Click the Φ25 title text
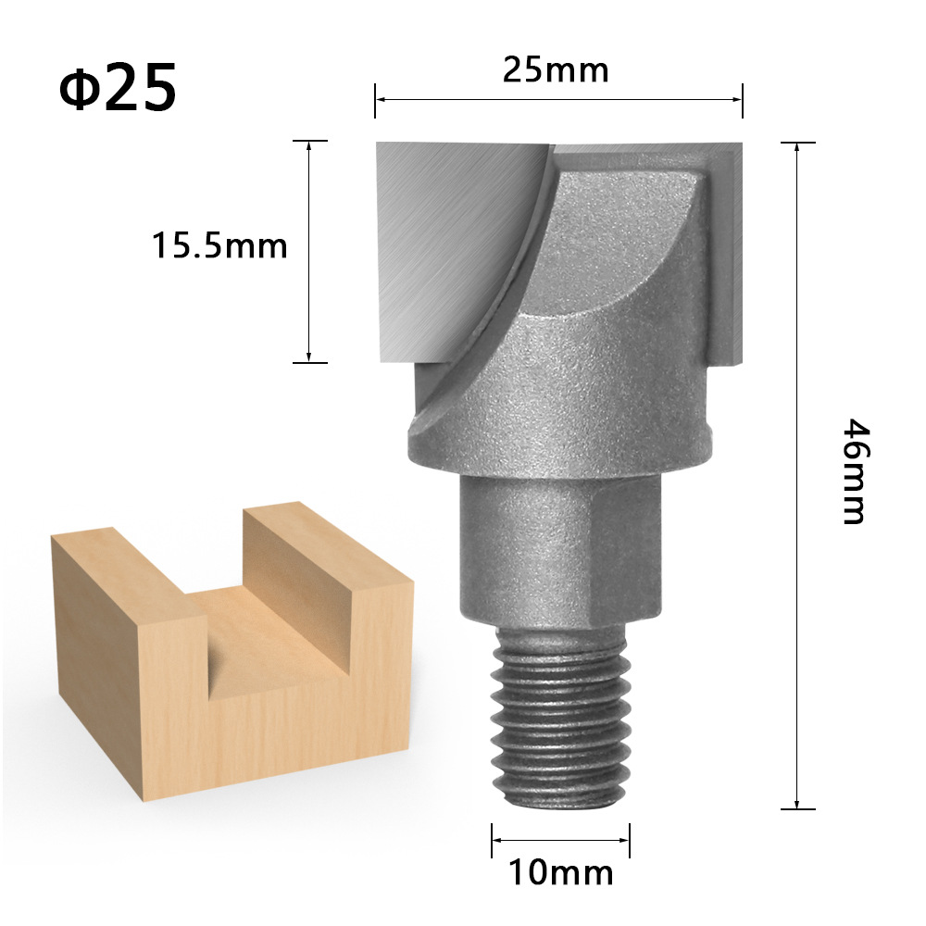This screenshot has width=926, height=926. point(118,87)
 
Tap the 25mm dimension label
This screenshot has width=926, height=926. point(556,69)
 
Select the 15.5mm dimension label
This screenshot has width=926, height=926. point(220,246)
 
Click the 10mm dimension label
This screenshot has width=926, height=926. point(560,871)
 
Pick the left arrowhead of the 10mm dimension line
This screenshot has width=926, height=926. point(496,840)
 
